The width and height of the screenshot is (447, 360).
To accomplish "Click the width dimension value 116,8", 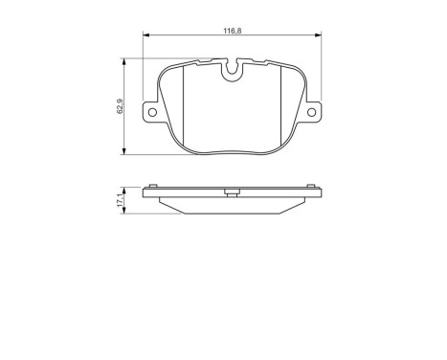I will click(231, 32).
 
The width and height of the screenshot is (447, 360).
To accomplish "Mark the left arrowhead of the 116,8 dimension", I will click(145, 37).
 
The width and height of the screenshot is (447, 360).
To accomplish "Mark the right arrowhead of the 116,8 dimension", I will click(318, 37).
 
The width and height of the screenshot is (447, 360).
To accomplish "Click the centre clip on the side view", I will click(231, 191).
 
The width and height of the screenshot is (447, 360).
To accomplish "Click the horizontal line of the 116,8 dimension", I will click(191, 37).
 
